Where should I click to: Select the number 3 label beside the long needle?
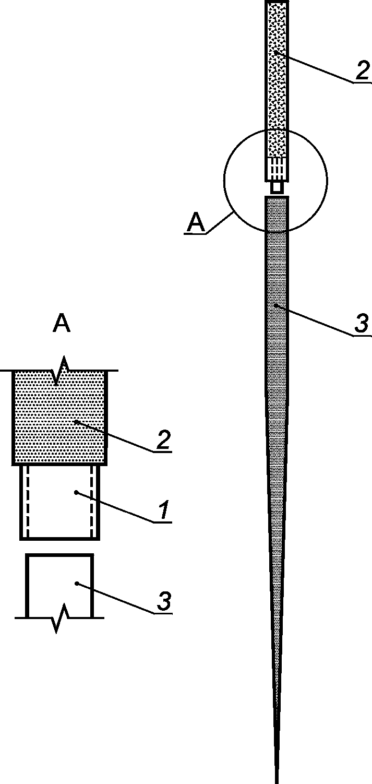pyautogui.click(x=361, y=324)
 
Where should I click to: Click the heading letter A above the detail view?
pyautogui.click(x=62, y=324)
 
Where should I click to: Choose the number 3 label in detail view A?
pyautogui.click(x=163, y=601)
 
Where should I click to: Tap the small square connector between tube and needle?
pyautogui.click(x=277, y=186)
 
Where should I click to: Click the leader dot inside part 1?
pyautogui.click(x=76, y=492)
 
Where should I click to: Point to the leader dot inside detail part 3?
pyautogui.click(x=76, y=584)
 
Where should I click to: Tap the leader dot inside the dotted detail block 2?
pyautogui.click(x=77, y=421)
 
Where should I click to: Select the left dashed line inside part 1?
pyautogui.click(x=27, y=501)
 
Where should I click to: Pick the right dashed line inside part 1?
pyautogui.click(x=92, y=501)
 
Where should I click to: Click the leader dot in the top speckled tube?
pyautogui.click(x=276, y=52)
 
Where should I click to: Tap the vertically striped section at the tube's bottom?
pyautogui.click(x=277, y=168)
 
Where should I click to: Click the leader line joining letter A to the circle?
pyautogui.click(x=219, y=221)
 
